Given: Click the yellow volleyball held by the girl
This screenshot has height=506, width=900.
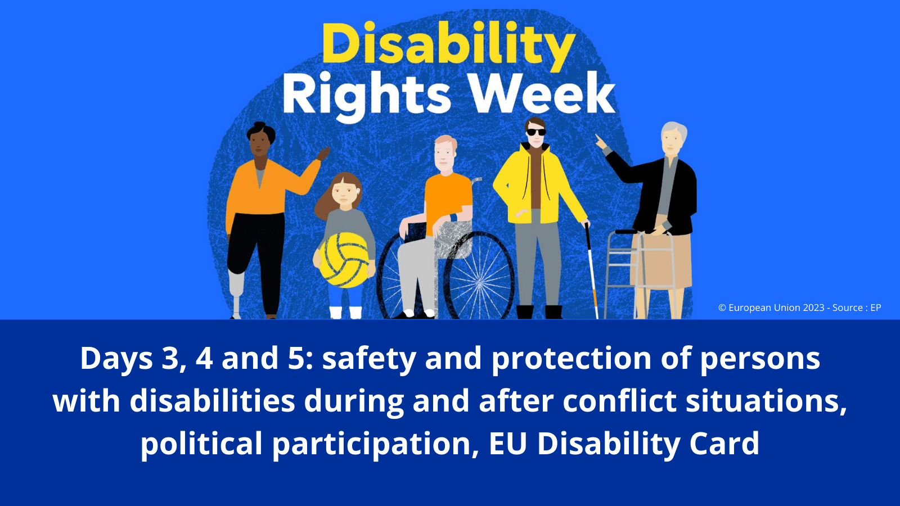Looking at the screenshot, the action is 346,261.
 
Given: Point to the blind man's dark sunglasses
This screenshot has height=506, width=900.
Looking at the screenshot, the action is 536,132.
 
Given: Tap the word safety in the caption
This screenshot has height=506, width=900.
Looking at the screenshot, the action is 369,359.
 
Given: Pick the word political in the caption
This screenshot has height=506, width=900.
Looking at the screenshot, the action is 201,444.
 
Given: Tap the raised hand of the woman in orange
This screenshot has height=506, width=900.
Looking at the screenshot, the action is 323,153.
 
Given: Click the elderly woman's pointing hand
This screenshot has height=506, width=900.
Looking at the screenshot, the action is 601,142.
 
